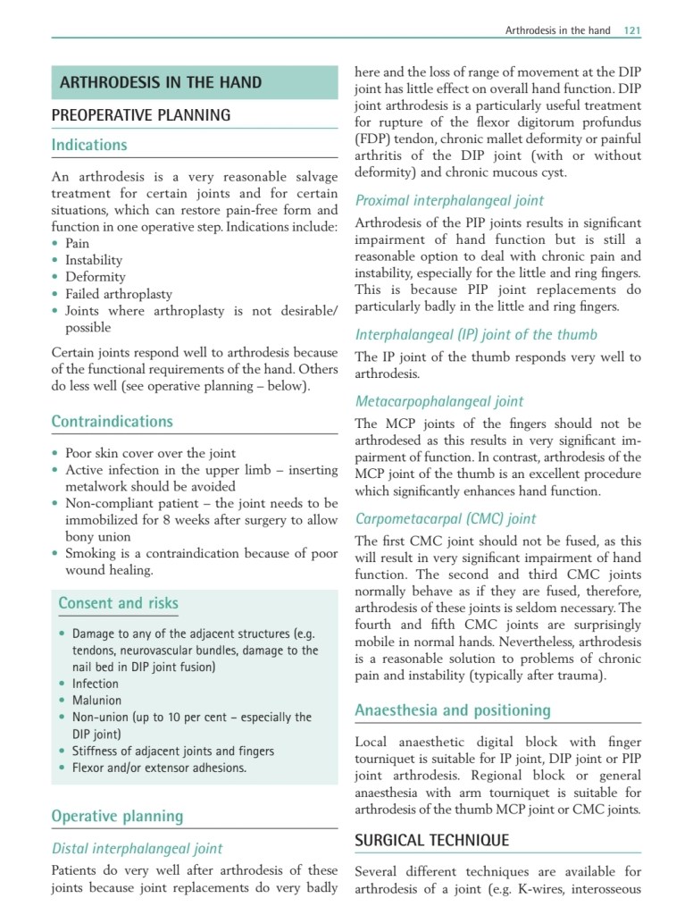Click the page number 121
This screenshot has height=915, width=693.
pyautogui.click(x=632, y=30)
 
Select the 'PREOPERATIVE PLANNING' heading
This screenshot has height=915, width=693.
pyautogui.click(x=141, y=115)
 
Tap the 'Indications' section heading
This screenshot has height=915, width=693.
pyautogui.click(x=89, y=145)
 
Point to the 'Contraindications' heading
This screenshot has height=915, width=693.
pyautogui.click(x=113, y=421)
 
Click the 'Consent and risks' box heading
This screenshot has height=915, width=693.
pyautogui.click(x=119, y=603)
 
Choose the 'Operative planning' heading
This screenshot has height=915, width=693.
pyautogui.click(x=117, y=816)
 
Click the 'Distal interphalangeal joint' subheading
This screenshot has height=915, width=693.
pyautogui.click(x=137, y=848)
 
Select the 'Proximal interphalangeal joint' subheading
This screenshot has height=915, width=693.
pyautogui.click(x=449, y=200)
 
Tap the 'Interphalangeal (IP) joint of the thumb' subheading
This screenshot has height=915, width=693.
pyautogui.click(x=476, y=335)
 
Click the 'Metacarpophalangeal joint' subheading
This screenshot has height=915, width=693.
pyautogui.click(x=439, y=402)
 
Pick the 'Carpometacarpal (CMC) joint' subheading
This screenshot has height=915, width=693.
pyautogui.click(x=446, y=518)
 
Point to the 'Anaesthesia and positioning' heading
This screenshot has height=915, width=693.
pyautogui.click(x=453, y=710)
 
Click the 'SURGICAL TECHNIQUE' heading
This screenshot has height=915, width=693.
pyautogui.click(x=432, y=841)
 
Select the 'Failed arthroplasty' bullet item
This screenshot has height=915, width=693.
pyautogui.click(x=119, y=294)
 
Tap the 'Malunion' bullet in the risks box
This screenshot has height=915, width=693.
pyautogui.click(x=96, y=701)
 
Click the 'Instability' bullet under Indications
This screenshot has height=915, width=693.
pyautogui.click(x=94, y=260)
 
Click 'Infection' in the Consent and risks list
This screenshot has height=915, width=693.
pyautogui.click(x=96, y=684)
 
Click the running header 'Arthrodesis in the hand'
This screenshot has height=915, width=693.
pyautogui.click(x=557, y=30)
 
